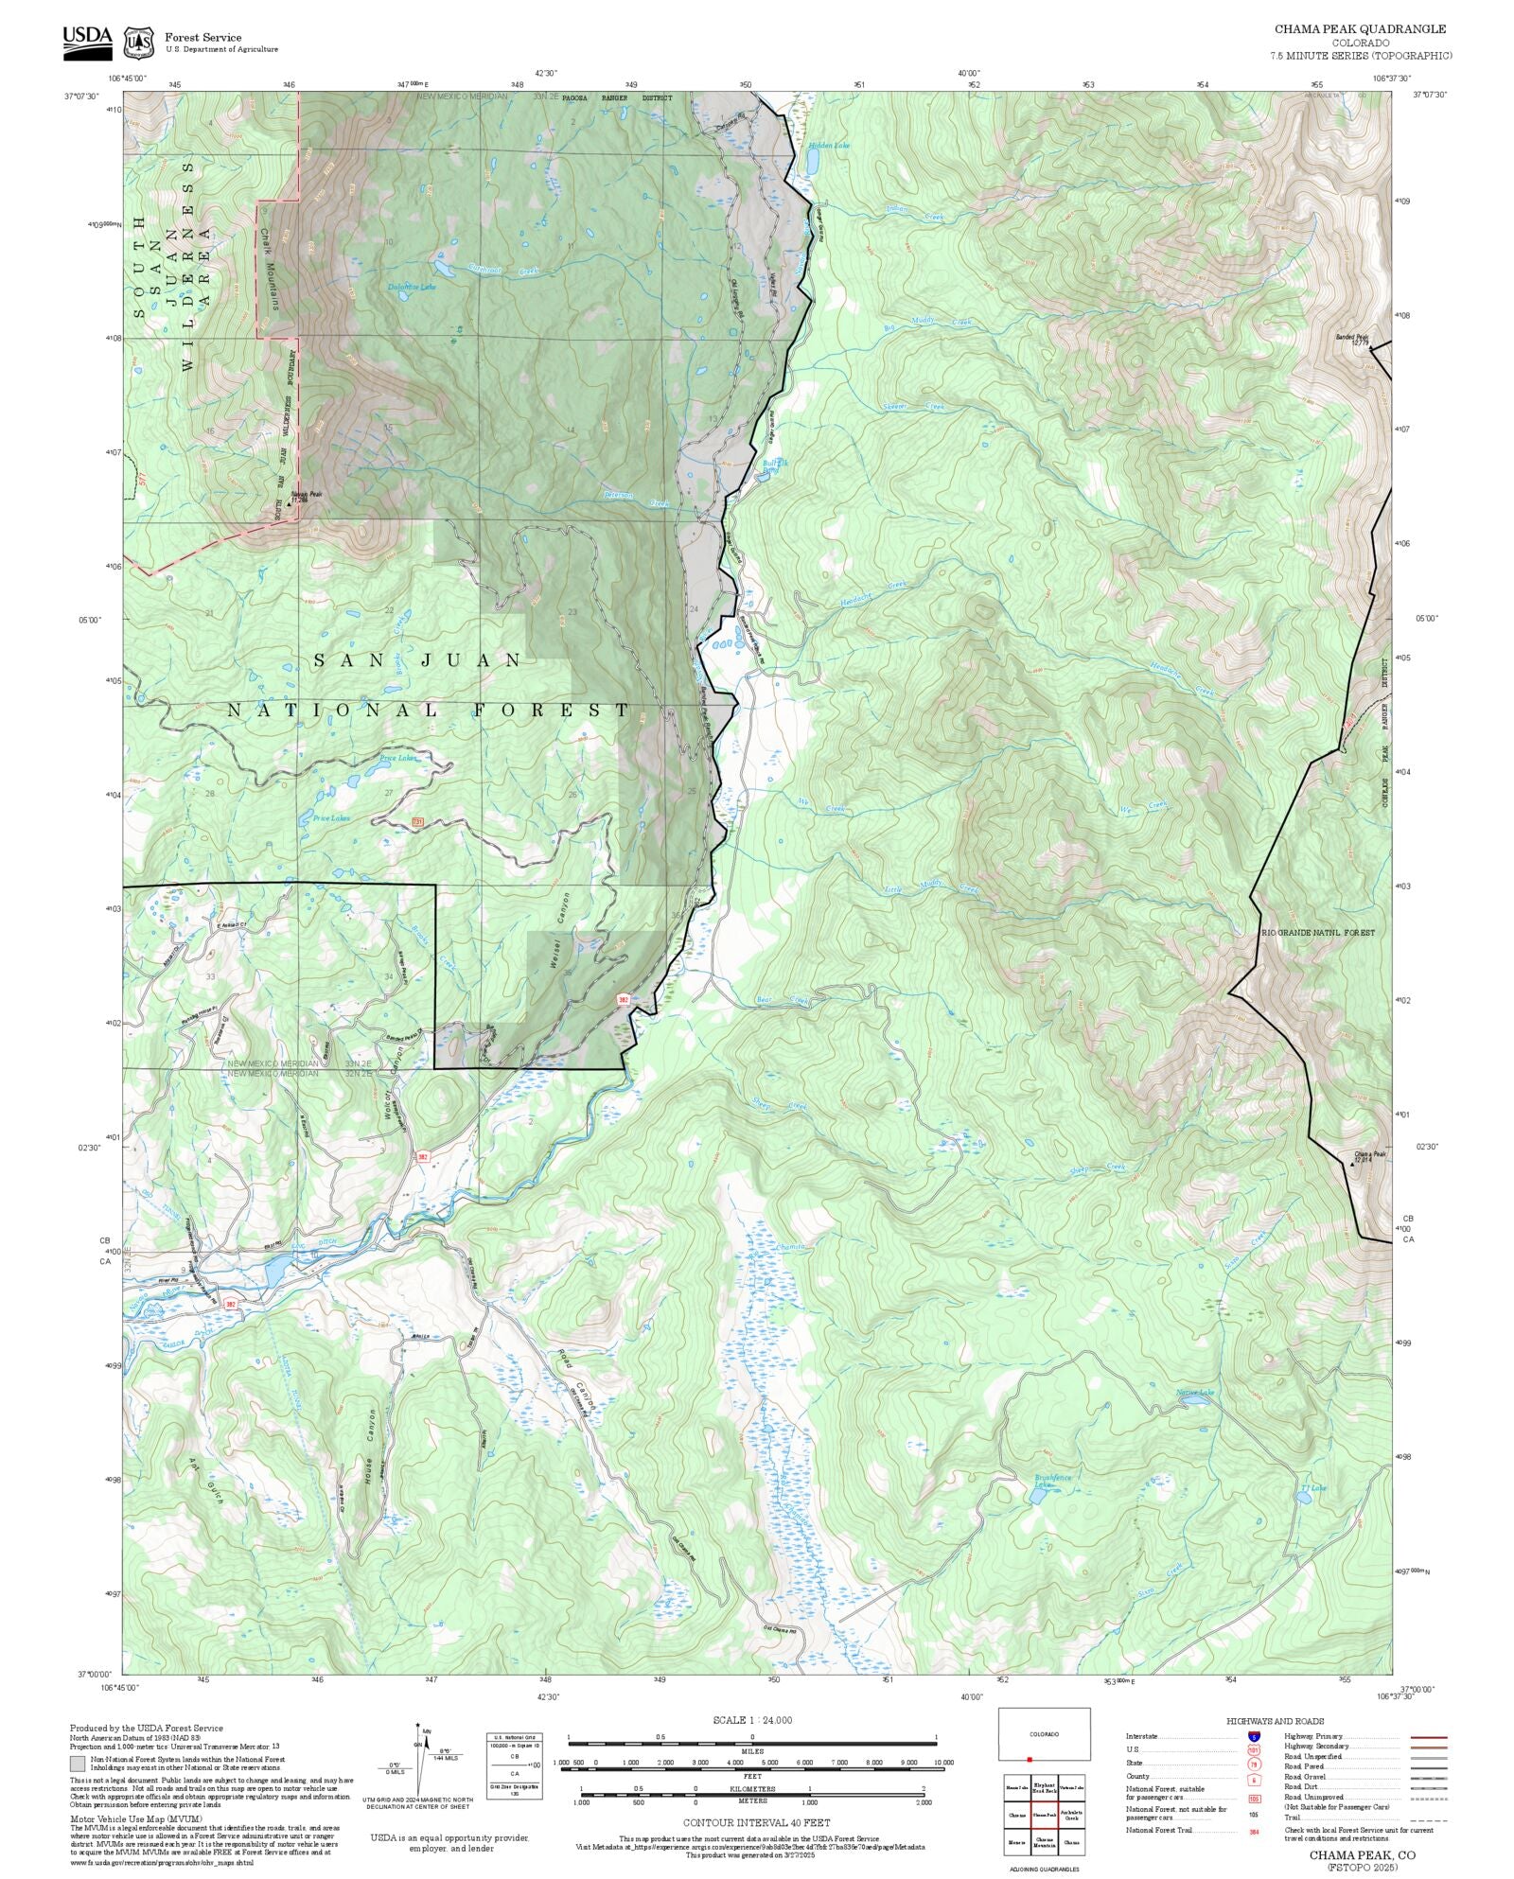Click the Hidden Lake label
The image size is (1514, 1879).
(x=829, y=146)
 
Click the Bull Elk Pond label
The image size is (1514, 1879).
(x=775, y=465)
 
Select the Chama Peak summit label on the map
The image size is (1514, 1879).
(x=1369, y=1156)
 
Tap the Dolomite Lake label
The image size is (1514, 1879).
(x=412, y=287)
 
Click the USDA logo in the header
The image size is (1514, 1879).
(x=87, y=42)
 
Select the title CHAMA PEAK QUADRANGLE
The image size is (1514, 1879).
(x=1360, y=29)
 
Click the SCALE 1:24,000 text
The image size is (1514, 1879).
(x=752, y=1719)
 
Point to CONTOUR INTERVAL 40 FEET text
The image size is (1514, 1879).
(x=756, y=1822)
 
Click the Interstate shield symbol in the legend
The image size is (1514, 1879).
(x=1254, y=1736)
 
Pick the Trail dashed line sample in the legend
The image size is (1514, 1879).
(x=1428, y=1818)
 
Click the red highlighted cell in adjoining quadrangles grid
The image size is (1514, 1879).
(x=1044, y=1815)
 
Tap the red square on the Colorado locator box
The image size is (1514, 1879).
(x=1030, y=1759)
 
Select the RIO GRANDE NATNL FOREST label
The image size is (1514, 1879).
(x=1318, y=933)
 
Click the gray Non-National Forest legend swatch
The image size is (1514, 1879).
(x=77, y=1764)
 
